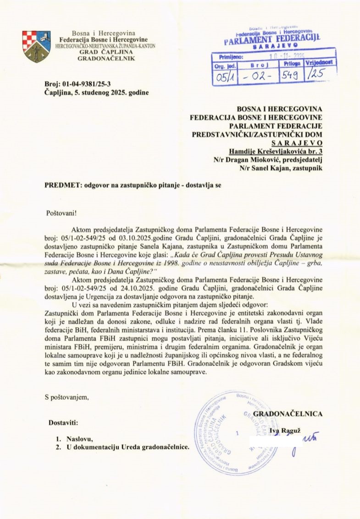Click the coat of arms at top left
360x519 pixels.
point(37,46)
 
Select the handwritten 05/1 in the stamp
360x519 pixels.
point(225,78)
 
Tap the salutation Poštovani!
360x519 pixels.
point(59,213)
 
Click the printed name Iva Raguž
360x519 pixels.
point(283,430)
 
